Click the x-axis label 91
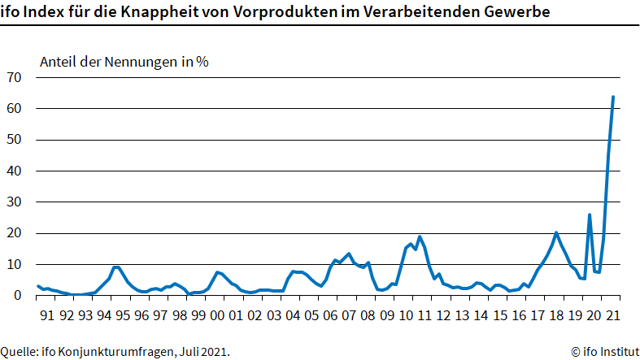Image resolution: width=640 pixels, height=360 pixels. tap(47, 314)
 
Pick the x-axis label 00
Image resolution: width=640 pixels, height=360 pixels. tap(217, 314)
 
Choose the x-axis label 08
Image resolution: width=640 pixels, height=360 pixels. tap(368, 314)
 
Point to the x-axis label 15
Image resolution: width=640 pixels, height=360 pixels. tap(500, 314)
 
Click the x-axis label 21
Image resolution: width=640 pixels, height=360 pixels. tap(613, 314)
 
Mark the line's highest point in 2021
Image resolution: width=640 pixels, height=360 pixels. tap(612, 97)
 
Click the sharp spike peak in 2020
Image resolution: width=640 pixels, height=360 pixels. tap(590, 215)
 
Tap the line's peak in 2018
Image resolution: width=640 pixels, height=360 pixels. tap(556, 233)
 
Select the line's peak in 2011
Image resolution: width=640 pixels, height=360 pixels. tap(420, 236)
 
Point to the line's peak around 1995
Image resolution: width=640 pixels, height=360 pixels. tap(116, 267)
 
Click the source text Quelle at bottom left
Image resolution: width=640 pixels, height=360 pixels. tap(19, 352)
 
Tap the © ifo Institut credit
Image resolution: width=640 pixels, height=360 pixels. tap(604, 352)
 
